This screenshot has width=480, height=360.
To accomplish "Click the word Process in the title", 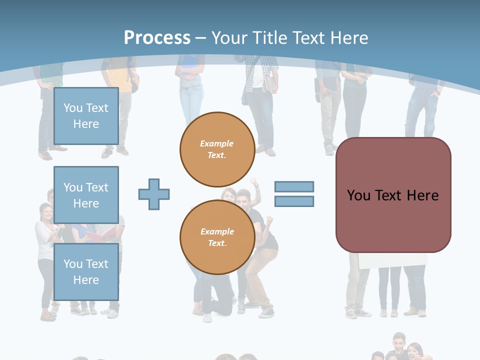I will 157,37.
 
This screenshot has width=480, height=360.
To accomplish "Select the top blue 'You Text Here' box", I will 86,116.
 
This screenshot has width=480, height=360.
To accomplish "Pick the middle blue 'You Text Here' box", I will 86,195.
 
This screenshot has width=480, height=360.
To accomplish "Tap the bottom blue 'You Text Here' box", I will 86,271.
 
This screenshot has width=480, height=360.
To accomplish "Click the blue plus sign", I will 154,194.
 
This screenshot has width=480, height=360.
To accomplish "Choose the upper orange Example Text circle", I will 217,149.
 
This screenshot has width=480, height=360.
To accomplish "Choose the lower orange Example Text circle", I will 217,237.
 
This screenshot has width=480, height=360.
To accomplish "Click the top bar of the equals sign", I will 294,186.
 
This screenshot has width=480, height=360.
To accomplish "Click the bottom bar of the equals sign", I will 294,201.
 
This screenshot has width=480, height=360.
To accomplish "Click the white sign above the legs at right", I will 392,260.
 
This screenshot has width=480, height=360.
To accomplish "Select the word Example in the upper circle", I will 217,143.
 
